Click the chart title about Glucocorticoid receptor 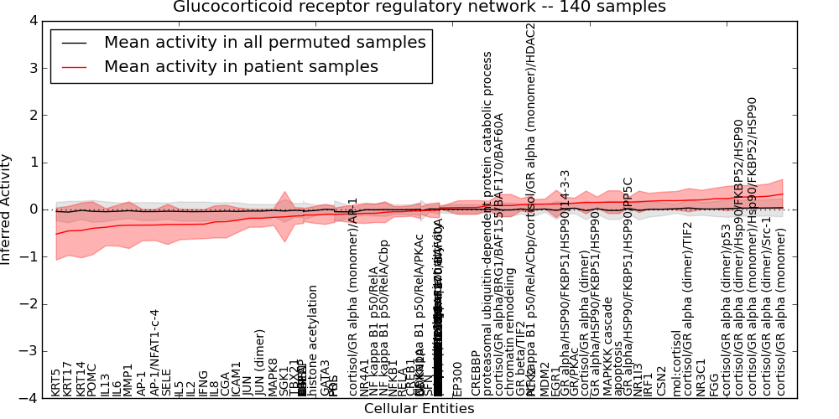click(419, 8)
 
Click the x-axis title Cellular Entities click(419, 410)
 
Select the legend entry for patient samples click(241, 67)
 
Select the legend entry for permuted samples click(264, 43)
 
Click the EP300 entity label click(457, 379)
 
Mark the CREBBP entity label click(476, 374)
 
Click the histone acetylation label click(313, 340)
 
